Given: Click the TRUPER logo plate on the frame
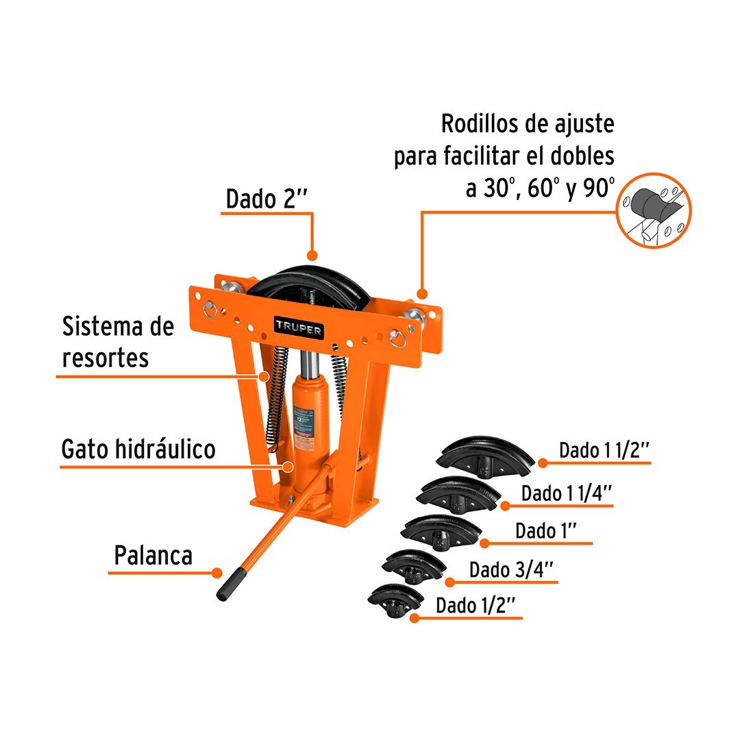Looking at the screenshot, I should (x=299, y=328).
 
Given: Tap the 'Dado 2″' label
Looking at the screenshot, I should (x=267, y=199).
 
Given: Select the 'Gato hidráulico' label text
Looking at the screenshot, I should (x=138, y=449).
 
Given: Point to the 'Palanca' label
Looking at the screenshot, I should (x=153, y=556).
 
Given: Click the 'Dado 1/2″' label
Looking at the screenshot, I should (x=475, y=605).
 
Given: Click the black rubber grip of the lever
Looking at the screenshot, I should (x=231, y=584).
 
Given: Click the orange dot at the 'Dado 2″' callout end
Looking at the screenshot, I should (x=312, y=256).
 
